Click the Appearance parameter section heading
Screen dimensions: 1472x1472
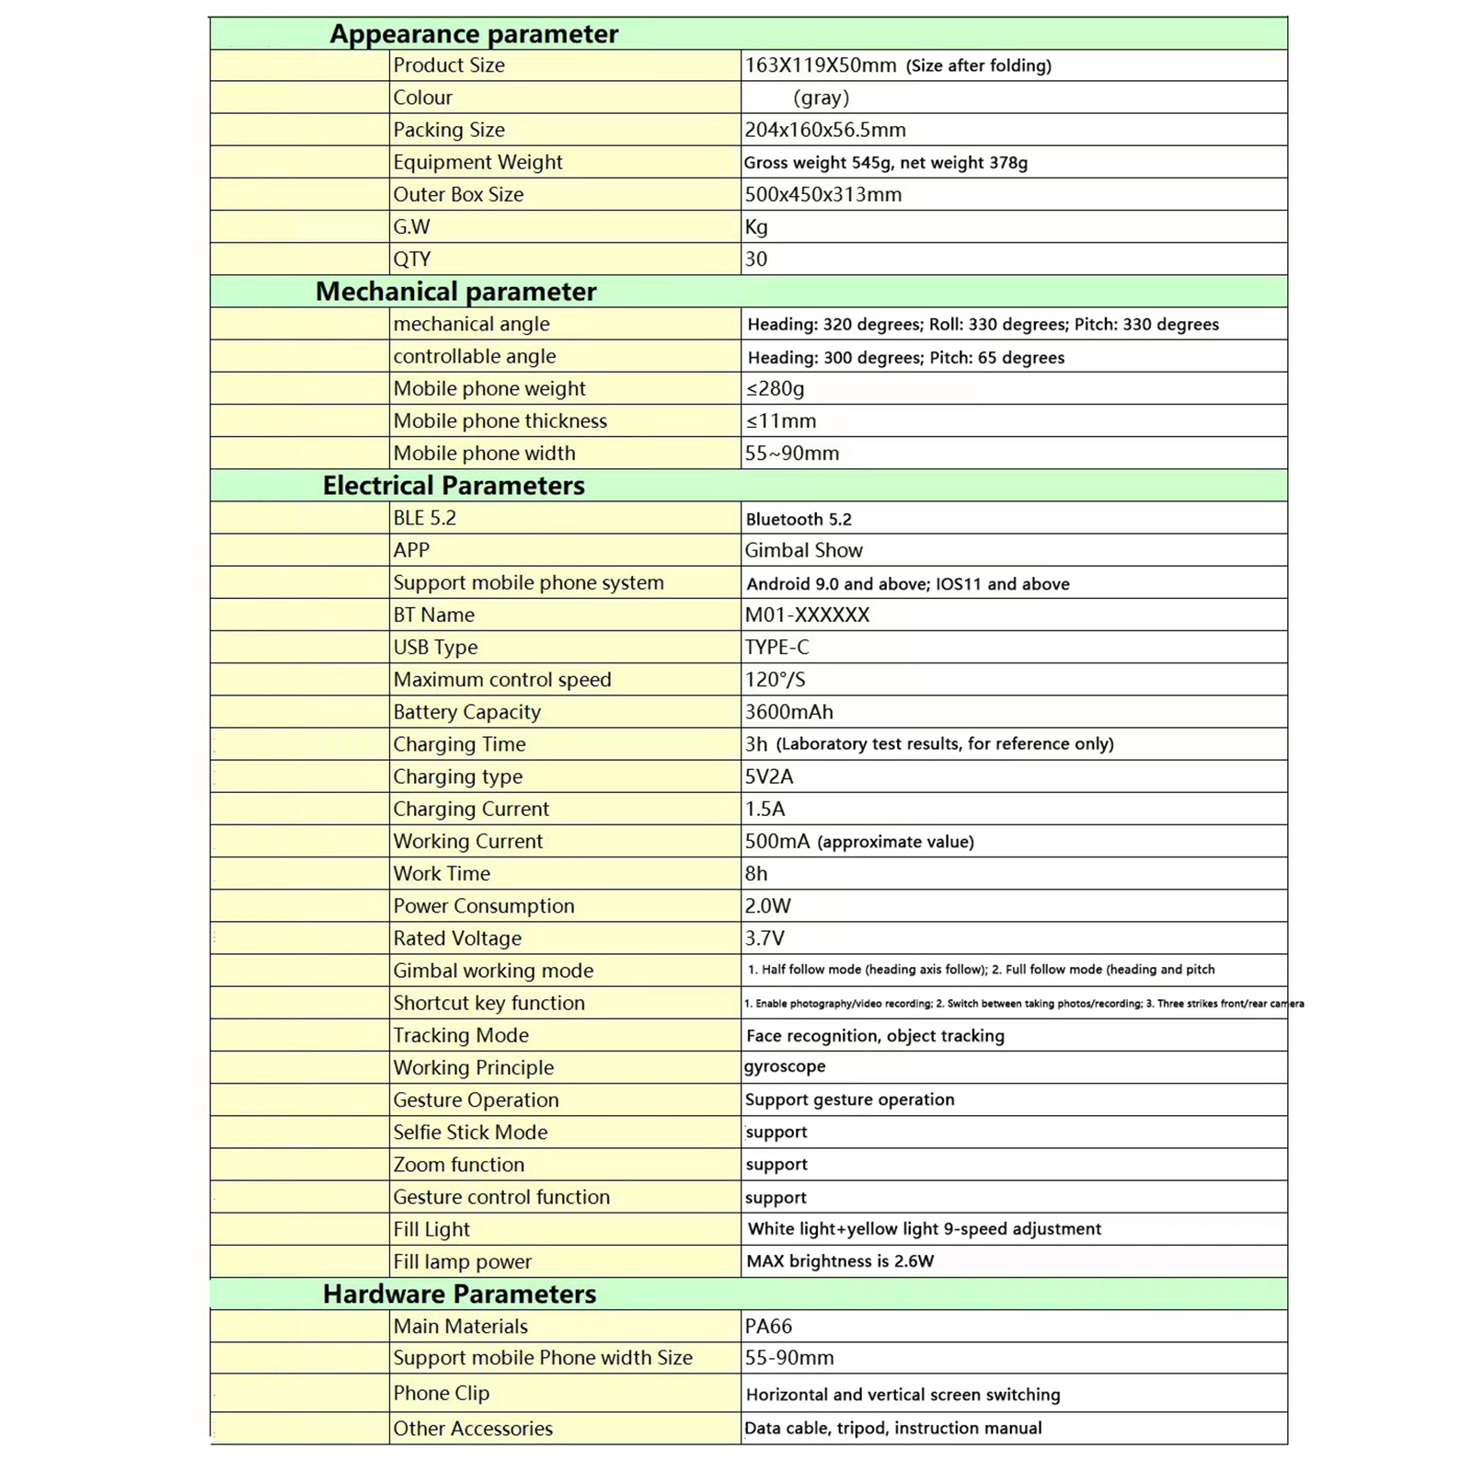pyautogui.click(x=474, y=34)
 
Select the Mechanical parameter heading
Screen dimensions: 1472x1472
pyautogui.click(x=455, y=292)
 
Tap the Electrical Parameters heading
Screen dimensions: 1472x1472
pyautogui.click(x=454, y=486)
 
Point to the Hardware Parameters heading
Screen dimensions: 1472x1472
pyautogui.click(x=459, y=1294)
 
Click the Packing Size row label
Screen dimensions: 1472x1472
pyautogui.click(x=449, y=130)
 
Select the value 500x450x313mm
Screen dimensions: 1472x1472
pyautogui.click(x=823, y=194)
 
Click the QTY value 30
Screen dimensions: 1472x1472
pyautogui.click(x=756, y=259)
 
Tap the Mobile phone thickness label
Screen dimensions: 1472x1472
pyautogui.click(x=500, y=421)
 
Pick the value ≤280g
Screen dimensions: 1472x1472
pyautogui.click(x=776, y=388)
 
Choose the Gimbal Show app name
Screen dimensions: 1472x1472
pyautogui.click(x=804, y=550)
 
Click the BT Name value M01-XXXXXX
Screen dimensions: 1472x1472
pyautogui.click(x=807, y=615)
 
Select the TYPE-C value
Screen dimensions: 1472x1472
pyautogui.click(x=777, y=648)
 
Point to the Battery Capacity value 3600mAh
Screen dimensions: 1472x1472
pyautogui.click(x=789, y=712)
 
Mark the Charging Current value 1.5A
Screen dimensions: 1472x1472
pyautogui.click(x=765, y=809)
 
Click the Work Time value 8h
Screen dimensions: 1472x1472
pyautogui.click(x=756, y=874)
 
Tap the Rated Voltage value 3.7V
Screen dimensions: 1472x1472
pyautogui.click(x=765, y=938)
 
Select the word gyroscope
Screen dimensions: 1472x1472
pyautogui.click(x=785, y=1066)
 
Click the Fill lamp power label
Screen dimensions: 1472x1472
pyautogui.click(x=463, y=1262)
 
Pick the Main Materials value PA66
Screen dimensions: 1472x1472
pyautogui.click(x=768, y=1327)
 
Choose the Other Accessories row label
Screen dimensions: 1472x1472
pyautogui.click(x=473, y=1429)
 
